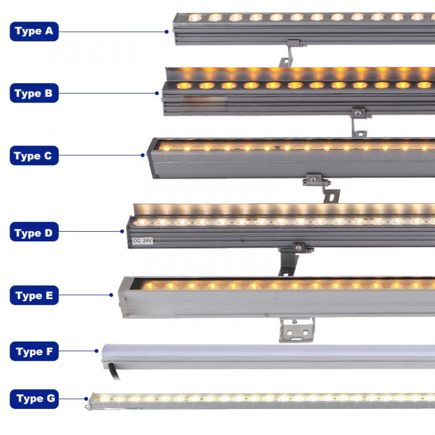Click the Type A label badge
[34, 31]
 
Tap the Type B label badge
[34, 93]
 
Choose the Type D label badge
[34, 232]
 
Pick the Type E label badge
[34, 295]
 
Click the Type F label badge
[34, 351]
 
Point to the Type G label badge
[34, 399]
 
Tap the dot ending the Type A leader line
[167, 32]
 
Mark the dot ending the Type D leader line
[122, 231]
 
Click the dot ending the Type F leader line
[97, 351]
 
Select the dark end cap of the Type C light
[151, 157]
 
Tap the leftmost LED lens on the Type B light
[184, 86]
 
